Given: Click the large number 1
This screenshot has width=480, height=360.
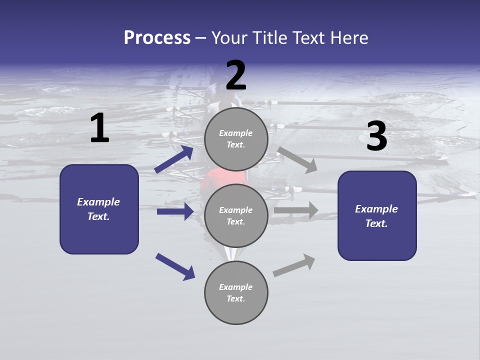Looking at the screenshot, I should tap(99, 128).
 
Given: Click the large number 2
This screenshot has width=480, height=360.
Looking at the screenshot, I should tap(236, 75).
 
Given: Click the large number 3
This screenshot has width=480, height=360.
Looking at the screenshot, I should tap(377, 136).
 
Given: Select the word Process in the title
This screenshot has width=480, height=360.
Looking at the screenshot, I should tap(157, 37).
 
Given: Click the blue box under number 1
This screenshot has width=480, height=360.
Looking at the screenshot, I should tap(99, 209).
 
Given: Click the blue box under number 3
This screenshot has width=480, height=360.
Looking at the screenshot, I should tap(377, 216).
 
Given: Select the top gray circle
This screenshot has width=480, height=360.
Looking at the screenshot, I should tap(236, 139).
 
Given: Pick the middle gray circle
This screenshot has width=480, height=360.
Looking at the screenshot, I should tap(236, 215).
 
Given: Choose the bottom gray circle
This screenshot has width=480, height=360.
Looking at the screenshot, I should tap(236, 292).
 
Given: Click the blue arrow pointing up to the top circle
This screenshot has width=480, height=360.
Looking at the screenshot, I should tap(174, 159).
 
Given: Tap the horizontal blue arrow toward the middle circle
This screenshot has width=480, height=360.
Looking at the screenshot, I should tap(175, 211).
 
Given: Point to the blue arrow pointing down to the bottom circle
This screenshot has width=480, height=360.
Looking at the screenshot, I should tap(175, 266).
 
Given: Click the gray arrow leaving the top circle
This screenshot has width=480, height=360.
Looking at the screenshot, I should tap(298, 159).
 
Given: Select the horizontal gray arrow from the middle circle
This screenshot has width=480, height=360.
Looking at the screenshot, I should tap(296, 210).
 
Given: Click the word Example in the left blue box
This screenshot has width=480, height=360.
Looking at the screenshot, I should tap(98, 202).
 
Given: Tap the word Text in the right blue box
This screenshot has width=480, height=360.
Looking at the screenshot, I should tap(376, 223).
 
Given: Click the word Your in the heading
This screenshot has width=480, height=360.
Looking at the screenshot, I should tap(229, 37).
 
